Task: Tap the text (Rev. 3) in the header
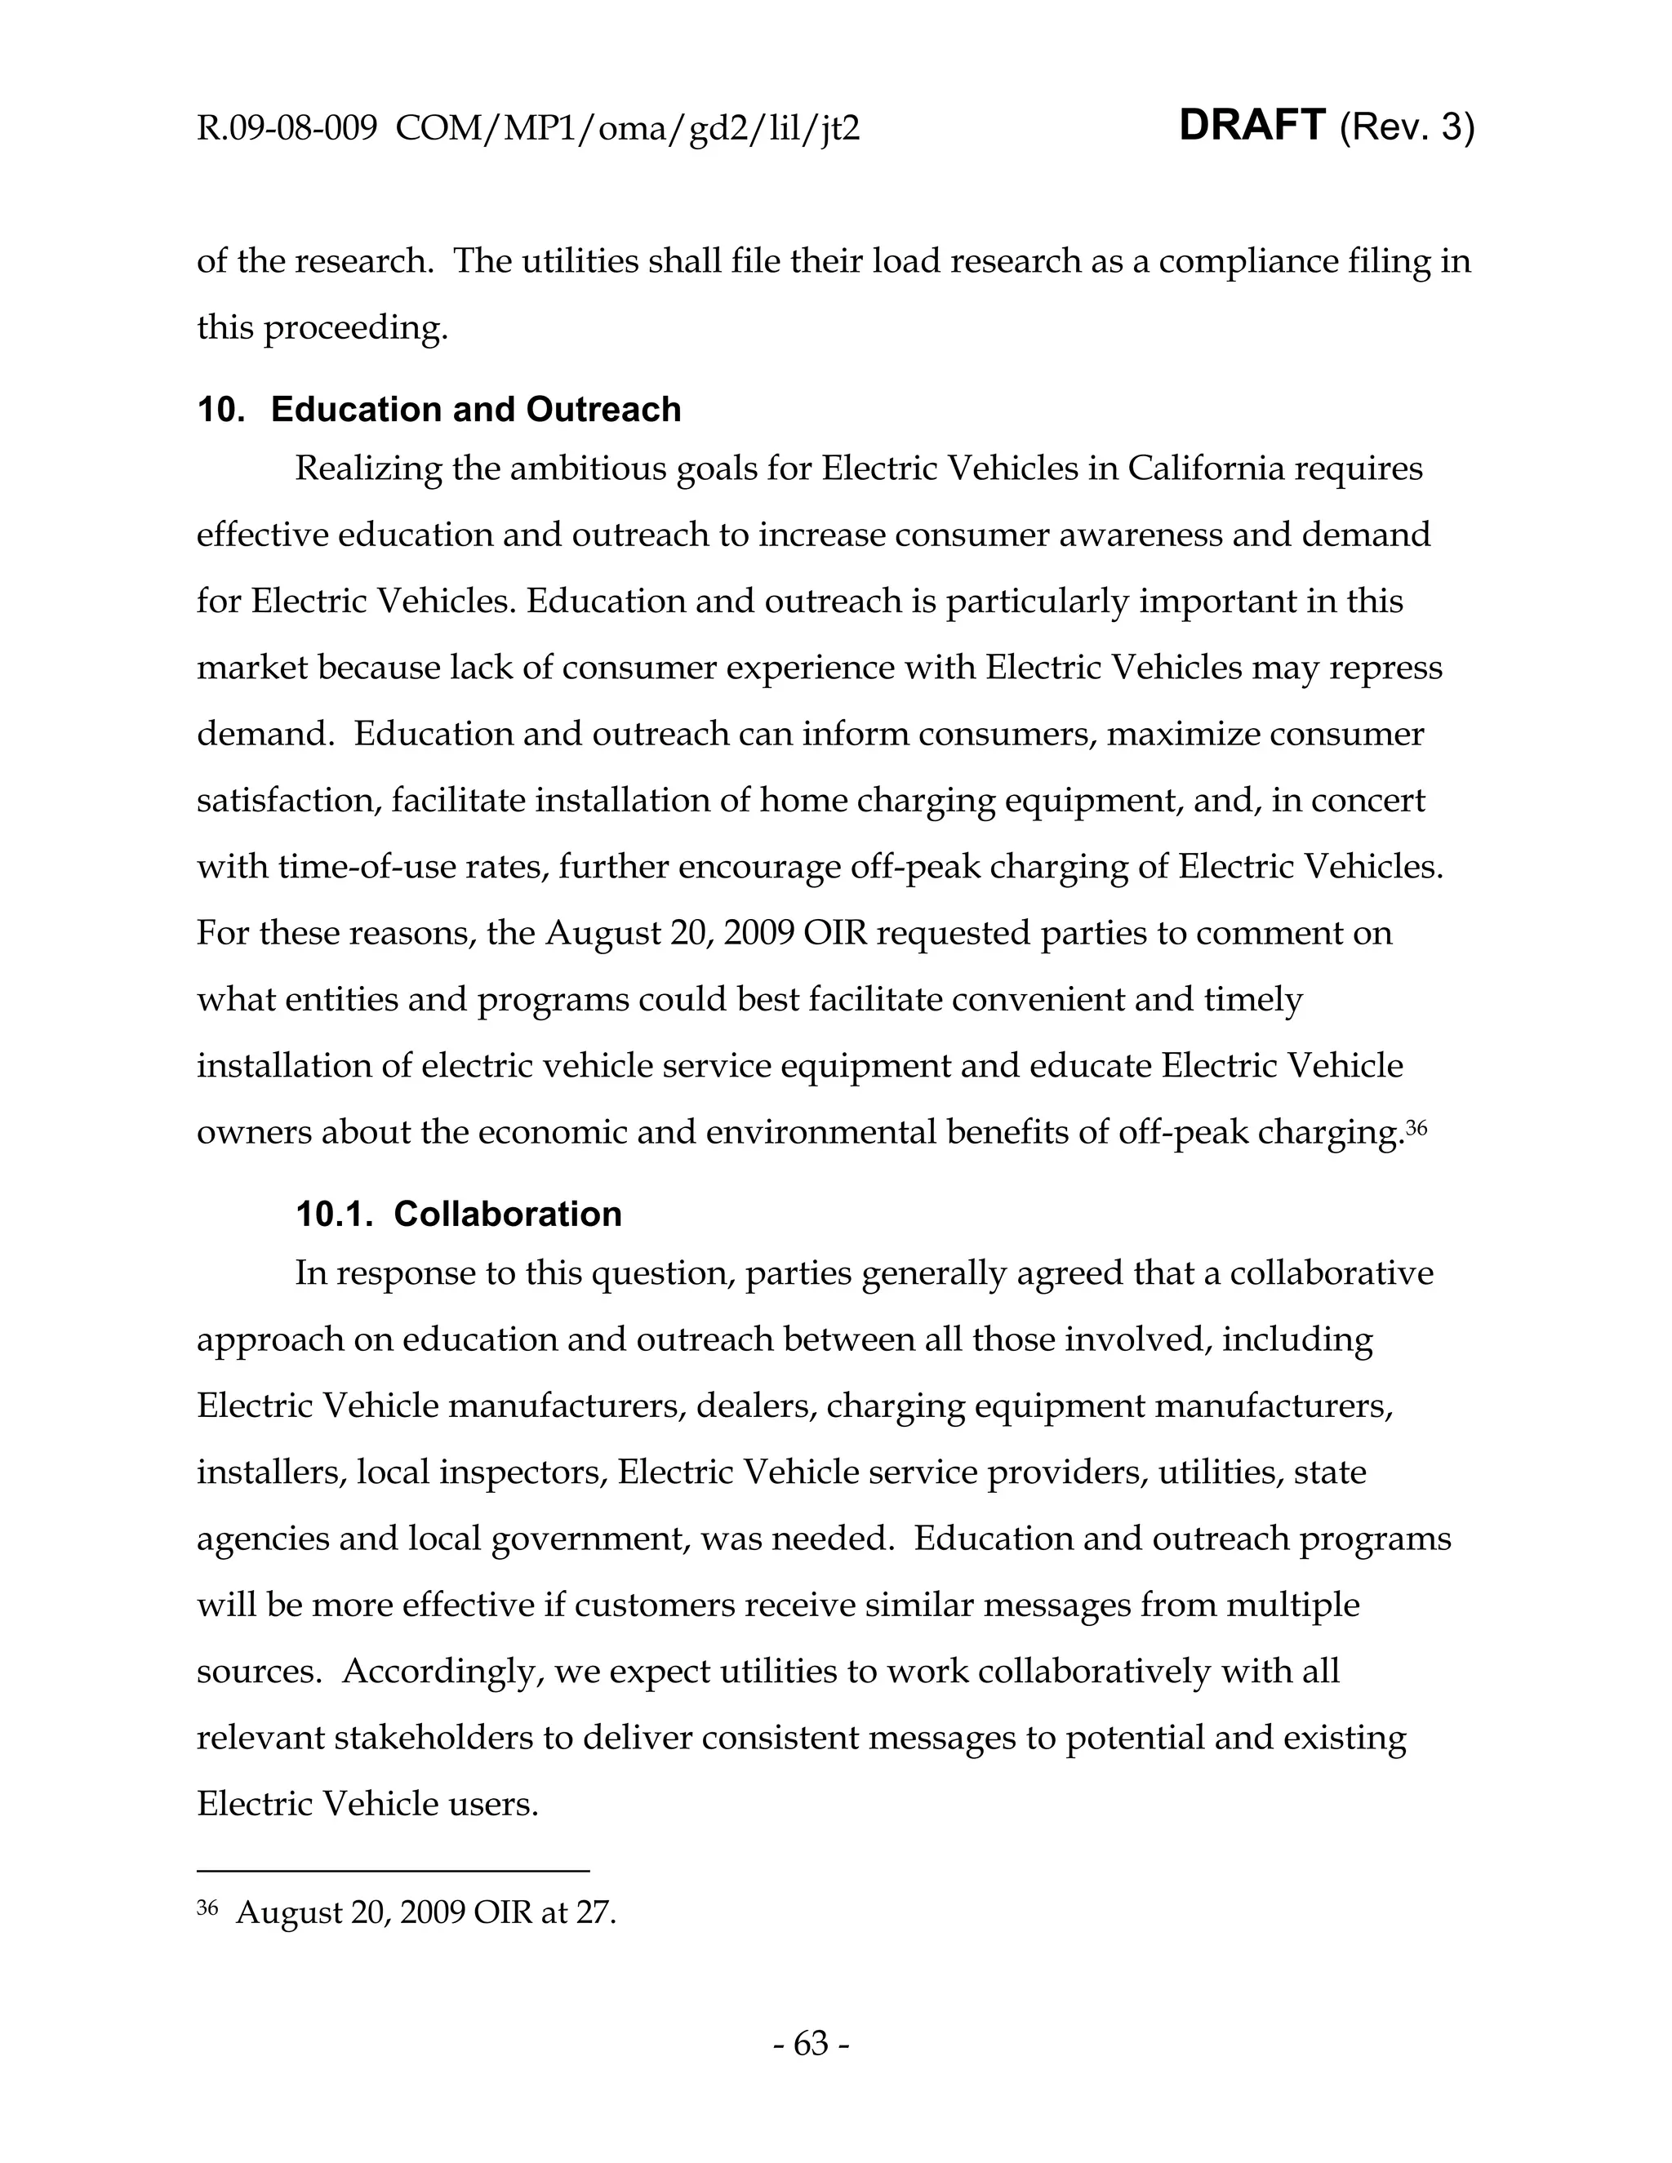pos(1407,128)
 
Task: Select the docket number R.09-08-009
pos(287,129)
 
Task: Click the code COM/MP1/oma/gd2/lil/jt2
pos(627,129)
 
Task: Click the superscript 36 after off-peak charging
pos(1416,1127)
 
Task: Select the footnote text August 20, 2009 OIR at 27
pos(426,1912)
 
